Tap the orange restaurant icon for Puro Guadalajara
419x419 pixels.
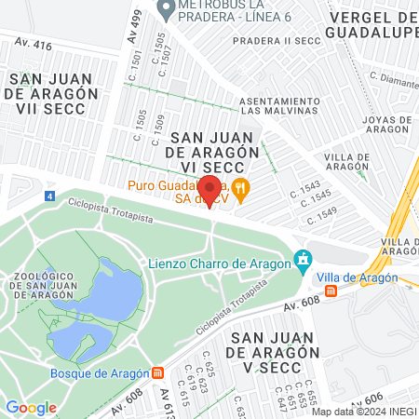click(241, 186)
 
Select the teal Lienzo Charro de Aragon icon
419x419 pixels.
click(302, 261)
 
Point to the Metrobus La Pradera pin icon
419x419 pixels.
click(166, 10)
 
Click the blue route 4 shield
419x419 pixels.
click(49, 197)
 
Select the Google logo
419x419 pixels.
click(31, 407)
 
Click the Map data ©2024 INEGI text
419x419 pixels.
click(363, 412)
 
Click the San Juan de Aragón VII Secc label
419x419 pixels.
click(50, 95)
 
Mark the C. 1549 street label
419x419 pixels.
click(319, 214)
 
